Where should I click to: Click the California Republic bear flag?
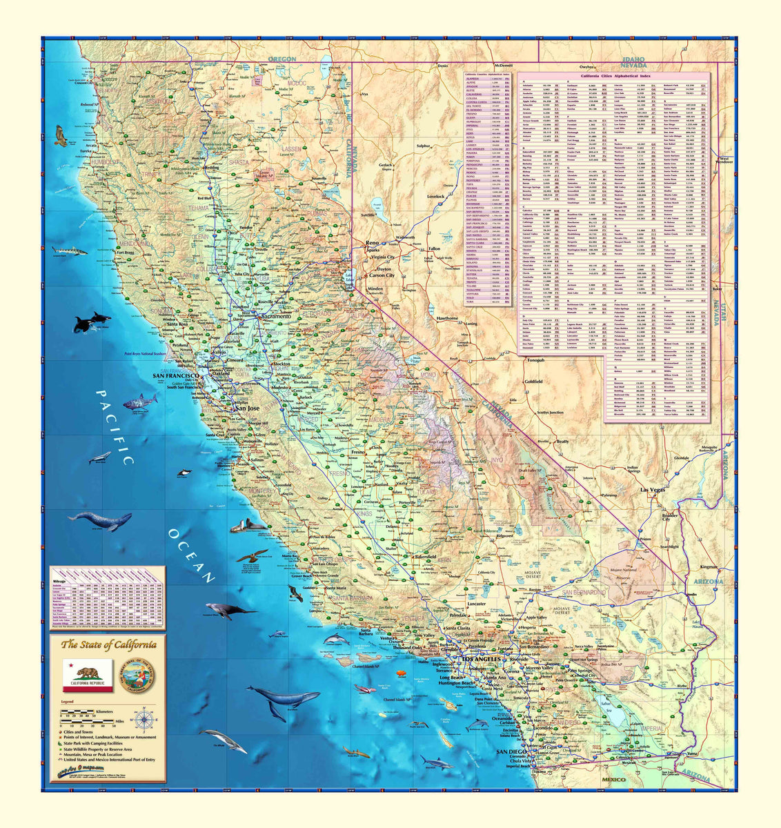[x=88, y=676]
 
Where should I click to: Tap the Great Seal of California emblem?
[x=137, y=676]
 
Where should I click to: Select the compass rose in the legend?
[x=145, y=720]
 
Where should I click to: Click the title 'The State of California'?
[x=109, y=645]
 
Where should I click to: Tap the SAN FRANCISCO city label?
[x=176, y=375]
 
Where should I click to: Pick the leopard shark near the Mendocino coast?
[x=70, y=251]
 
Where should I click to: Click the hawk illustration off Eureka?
[x=61, y=136]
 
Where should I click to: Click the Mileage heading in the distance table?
[x=61, y=582]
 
